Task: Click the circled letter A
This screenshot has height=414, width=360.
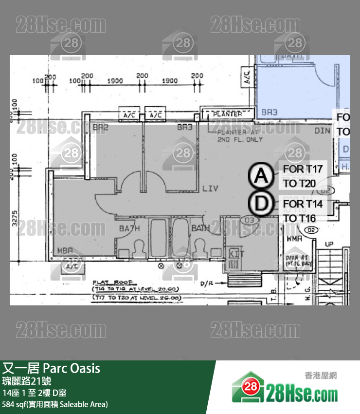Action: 262,176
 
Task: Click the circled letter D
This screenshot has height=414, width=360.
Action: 262,204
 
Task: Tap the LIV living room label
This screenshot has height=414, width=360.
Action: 210,188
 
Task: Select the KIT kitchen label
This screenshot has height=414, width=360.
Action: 236,254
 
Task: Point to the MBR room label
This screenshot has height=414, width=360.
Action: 65,250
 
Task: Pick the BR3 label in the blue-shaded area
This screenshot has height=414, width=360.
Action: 269,113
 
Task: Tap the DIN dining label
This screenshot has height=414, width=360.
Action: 322,131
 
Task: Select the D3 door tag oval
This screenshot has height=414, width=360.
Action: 250,221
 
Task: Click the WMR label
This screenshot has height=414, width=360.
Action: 294,239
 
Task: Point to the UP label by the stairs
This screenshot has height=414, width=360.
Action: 329,244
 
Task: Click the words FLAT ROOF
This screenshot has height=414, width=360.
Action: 108,282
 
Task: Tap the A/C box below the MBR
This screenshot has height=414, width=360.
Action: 72,266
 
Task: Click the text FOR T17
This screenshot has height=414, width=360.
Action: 303,169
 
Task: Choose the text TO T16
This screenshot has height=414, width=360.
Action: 300,218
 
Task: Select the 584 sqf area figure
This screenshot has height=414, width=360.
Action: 15,404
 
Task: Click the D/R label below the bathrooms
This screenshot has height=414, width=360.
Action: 206,283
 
